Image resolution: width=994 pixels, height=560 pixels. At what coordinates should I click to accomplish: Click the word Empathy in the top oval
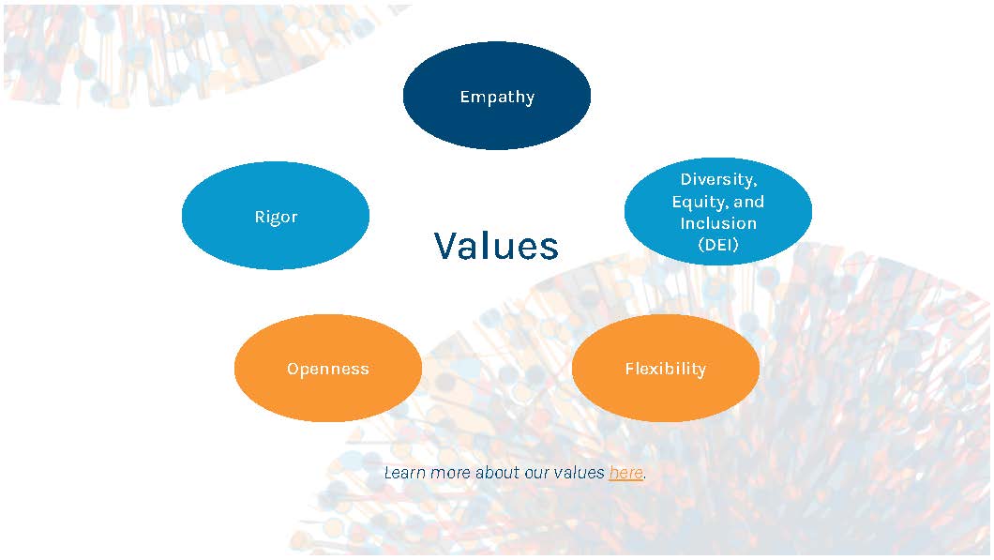497,97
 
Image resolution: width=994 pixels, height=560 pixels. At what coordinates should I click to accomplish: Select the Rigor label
276,217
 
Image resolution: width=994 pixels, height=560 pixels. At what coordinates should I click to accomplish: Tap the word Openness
328,369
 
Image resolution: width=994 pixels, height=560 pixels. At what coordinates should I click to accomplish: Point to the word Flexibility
665,369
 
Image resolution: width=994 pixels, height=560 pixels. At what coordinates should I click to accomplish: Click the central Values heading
496,246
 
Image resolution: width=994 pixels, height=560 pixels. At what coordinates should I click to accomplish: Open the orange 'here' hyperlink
625,473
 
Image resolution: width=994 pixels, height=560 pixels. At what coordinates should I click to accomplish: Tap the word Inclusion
718,223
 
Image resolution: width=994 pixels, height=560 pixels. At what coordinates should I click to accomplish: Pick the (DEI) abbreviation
718,245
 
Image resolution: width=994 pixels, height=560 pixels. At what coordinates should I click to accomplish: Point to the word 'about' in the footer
497,473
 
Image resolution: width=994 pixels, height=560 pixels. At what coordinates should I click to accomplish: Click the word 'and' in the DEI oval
749,202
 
